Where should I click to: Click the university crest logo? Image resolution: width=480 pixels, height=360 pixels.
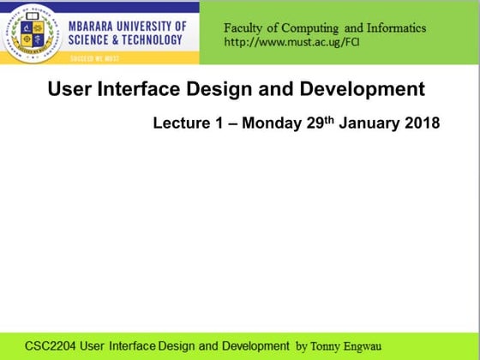point(34,33)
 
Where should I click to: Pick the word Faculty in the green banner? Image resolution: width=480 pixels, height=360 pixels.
point(244,27)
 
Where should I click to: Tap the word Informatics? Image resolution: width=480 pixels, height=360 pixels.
point(395,27)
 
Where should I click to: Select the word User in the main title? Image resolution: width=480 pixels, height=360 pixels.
point(69,88)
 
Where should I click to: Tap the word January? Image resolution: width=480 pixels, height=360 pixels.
point(370,123)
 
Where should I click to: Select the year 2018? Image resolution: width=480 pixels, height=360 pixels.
point(423,123)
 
